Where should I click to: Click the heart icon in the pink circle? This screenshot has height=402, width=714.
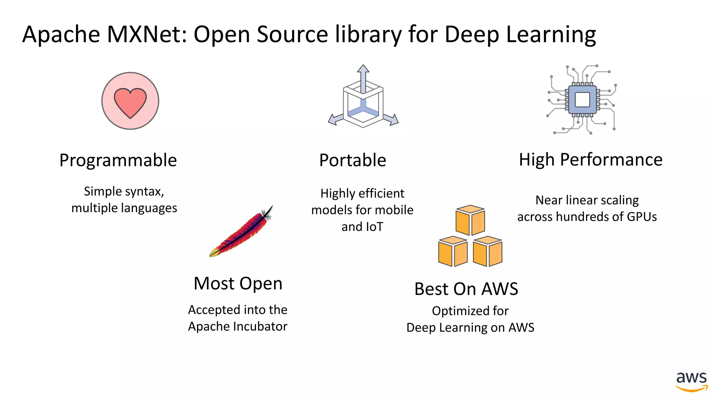(130, 102)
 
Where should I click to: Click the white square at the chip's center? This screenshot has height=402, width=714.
(582, 100)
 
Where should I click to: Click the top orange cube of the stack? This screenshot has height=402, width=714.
(470, 220)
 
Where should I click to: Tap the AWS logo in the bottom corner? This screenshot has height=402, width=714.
(691, 381)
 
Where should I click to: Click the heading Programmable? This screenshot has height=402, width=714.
(118, 161)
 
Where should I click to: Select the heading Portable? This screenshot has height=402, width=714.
(352, 161)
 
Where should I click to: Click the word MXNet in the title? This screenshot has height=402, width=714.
(147, 35)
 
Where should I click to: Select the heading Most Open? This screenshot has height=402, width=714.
(238, 283)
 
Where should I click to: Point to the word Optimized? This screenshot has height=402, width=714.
(457, 311)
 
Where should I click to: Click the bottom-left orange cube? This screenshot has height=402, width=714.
(453, 252)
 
